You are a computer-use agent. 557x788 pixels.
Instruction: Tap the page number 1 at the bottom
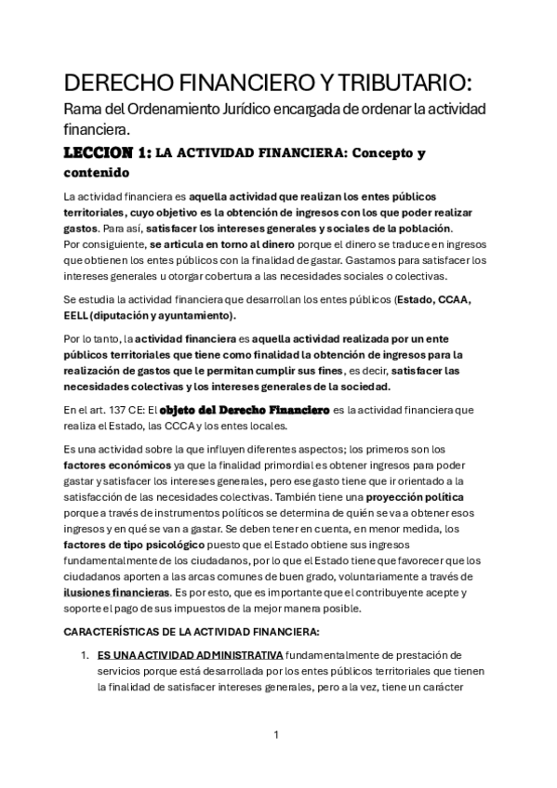pos(276,736)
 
